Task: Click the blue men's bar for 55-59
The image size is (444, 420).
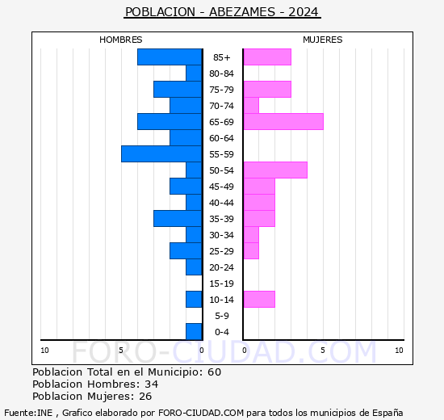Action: tap(161, 154)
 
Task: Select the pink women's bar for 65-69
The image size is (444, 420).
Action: tap(283, 122)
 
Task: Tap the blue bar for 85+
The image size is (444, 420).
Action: tap(170, 57)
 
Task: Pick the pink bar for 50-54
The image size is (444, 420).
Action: tap(275, 170)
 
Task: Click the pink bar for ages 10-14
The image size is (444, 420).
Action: tap(259, 300)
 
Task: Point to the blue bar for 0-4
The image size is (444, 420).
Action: tap(194, 332)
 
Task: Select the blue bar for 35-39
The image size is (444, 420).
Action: tap(178, 219)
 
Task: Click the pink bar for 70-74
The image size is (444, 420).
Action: tap(251, 106)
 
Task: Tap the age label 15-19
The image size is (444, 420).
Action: tap(221, 283)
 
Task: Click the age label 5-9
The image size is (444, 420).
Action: tap(222, 316)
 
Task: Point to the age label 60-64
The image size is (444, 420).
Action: tap(221, 138)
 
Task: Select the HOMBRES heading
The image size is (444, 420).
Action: tap(120, 40)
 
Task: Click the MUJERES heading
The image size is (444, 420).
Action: tap(323, 40)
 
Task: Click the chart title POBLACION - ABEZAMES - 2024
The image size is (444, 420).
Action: tap(222, 12)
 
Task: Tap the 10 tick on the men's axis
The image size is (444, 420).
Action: tap(44, 351)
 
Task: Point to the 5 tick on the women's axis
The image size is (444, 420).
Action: tap(323, 351)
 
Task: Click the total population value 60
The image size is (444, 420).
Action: tap(215, 372)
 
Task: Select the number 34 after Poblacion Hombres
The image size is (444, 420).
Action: tap(152, 384)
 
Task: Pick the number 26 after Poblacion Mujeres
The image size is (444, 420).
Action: tap(145, 397)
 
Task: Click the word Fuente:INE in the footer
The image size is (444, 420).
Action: tap(28, 413)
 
